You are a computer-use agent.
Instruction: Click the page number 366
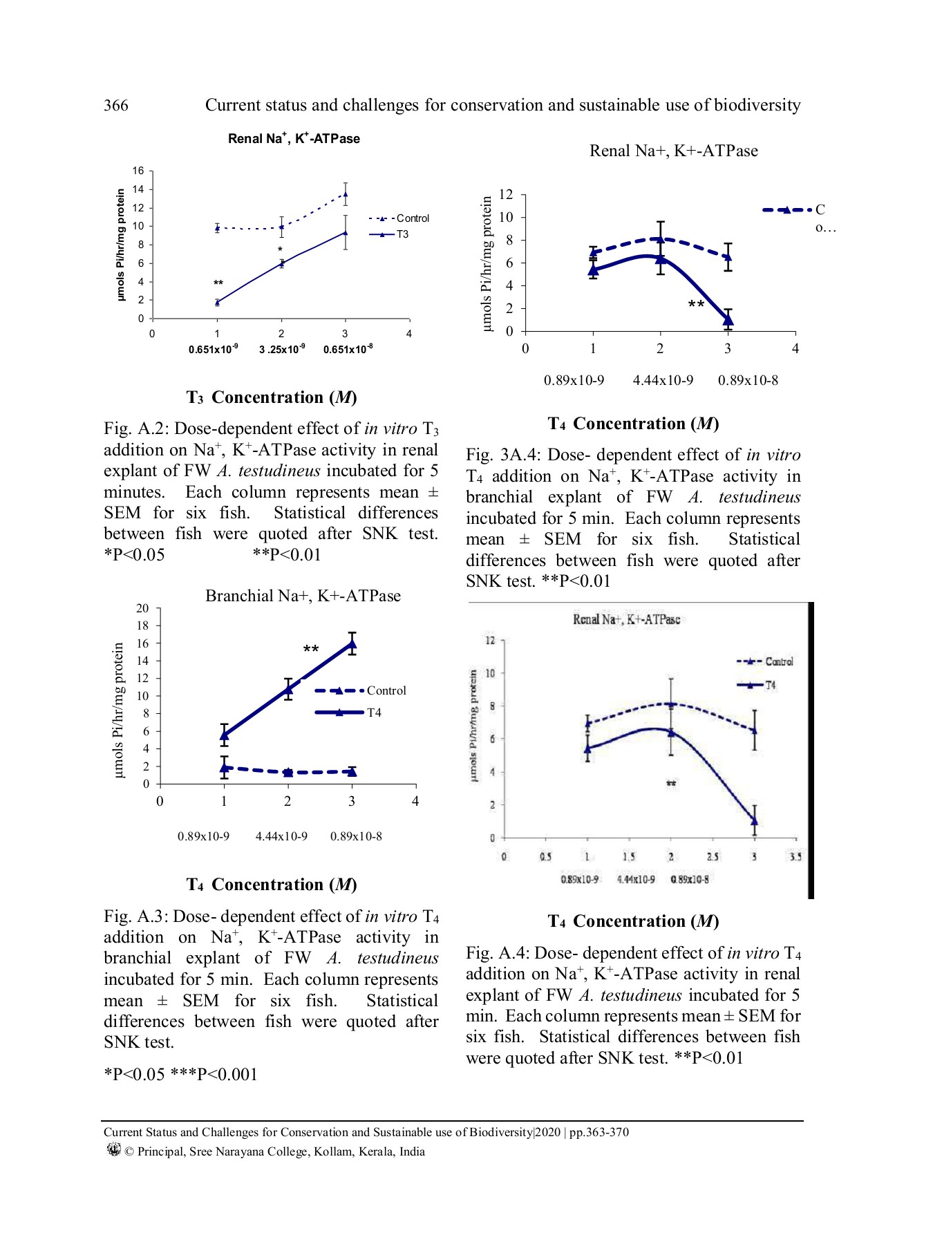point(116,105)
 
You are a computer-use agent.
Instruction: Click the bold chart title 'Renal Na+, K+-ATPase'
point(294,138)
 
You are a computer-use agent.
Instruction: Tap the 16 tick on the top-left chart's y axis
point(139,171)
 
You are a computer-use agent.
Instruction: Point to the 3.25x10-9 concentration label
point(282,349)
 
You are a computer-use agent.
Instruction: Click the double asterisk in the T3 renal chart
point(218,283)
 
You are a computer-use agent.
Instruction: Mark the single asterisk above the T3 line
point(280,250)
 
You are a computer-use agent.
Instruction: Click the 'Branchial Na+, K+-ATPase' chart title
point(303,596)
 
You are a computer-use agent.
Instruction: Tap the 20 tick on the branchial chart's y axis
point(142,608)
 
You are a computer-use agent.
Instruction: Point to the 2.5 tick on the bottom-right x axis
point(713,857)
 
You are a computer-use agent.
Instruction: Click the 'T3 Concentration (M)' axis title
point(272,397)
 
